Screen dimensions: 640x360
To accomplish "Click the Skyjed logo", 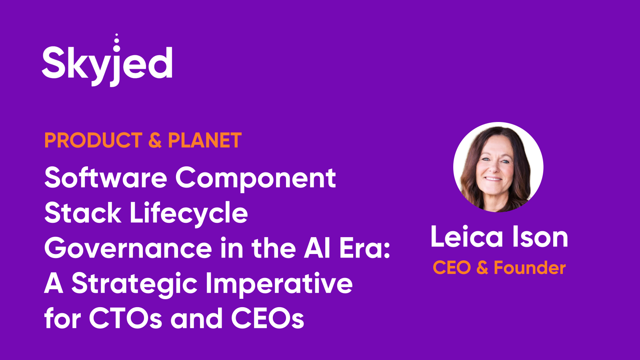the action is point(107,60).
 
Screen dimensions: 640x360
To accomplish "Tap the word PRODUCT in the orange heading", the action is point(93,140).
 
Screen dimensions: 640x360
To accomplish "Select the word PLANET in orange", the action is point(204,140).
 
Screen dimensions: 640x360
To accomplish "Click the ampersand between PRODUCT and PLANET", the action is point(155,140).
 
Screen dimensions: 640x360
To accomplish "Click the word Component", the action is point(256,180).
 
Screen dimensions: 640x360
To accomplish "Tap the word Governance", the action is point(128,248).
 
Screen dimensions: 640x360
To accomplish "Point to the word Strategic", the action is point(134,285).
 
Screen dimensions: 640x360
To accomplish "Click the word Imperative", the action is point(279,285).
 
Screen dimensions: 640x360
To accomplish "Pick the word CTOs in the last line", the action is point(126,318).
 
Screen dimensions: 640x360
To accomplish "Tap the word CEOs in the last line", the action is point(268,318).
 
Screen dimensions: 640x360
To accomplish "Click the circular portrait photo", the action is point(498,167).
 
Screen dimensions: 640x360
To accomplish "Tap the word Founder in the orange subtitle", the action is point(530,268).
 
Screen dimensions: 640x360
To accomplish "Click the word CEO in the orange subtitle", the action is point(452,268).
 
